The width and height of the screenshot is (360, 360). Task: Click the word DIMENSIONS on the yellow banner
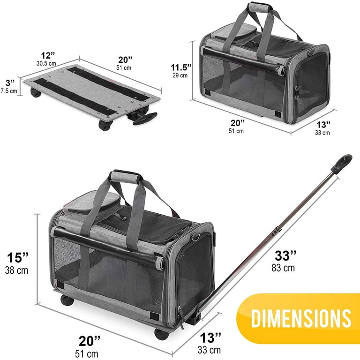pyautogui.click(x=301, y=318)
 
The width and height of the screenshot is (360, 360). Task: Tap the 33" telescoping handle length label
pyautogui.click(x=285, y=256)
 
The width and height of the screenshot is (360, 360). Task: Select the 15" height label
pyautogui.click(x=18, y=258)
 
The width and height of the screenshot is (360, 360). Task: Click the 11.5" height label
pyautogui.click(x=180, y=67)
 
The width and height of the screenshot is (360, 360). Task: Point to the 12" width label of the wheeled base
pyautogui.click(x=48, y=55)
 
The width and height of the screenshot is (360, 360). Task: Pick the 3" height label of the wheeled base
pyautogui.click(x=10, y=82)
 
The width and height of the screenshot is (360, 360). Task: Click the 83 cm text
pyautogui.click(x=283, y=268)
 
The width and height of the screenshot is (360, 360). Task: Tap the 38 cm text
pyautogui.click(x=16, y=270)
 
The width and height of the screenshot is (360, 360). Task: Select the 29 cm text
pyautogui.click(x=180, y=75)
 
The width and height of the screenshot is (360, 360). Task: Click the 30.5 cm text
pyautogui.click(x=46, y=63)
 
